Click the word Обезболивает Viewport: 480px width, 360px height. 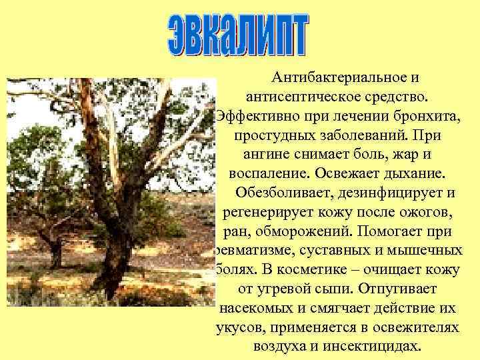click(283, 193)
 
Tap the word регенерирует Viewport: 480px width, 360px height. click(266, 213)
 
